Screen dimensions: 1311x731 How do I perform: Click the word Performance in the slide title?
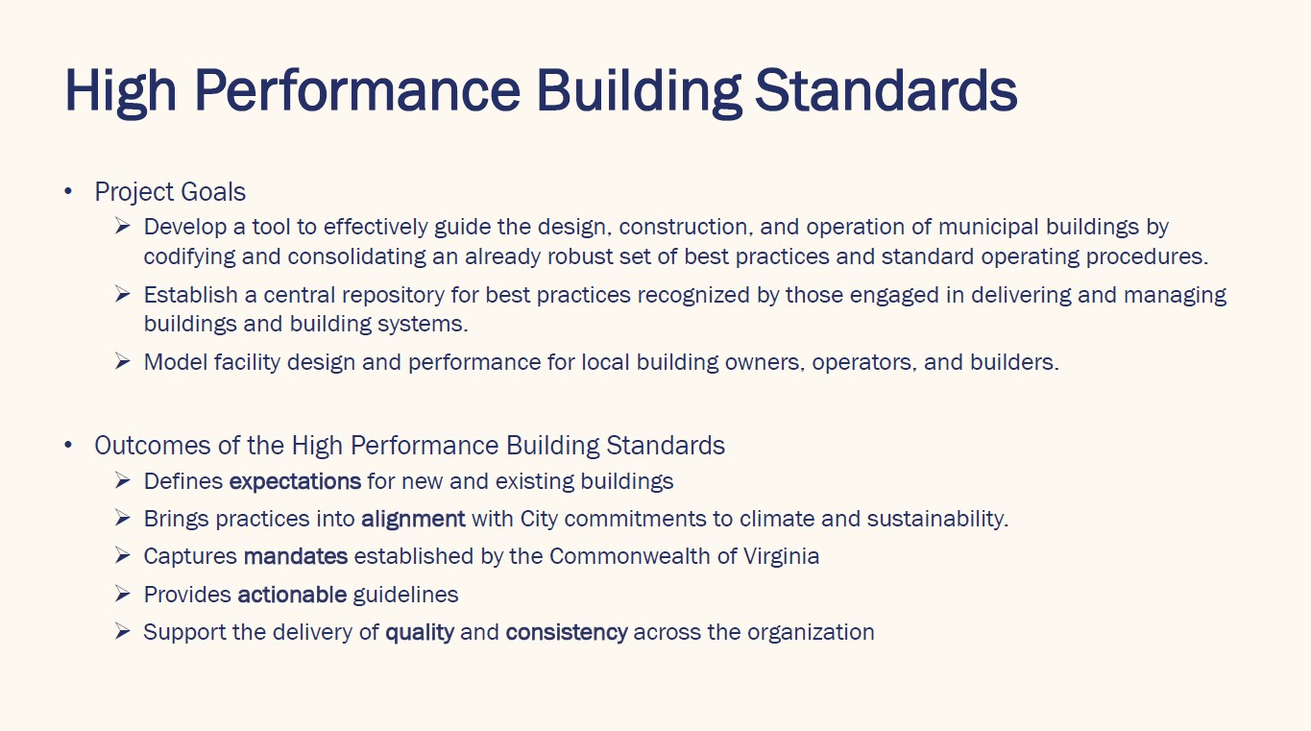pyautogui.click(x=357, y=90)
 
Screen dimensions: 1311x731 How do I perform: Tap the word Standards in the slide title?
pyautogui.click(x=886, y=90)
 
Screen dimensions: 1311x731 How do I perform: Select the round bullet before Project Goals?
pyautogui.click(x=68, y=191)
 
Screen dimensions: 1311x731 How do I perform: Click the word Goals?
pyautogui.click(x=213, y=192)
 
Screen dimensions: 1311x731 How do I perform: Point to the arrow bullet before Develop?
pyautogui.click(x=122, y=226)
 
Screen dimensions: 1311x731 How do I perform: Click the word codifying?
pyautogui.click(x=189, y=256)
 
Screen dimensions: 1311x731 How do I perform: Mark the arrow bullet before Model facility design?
pyautogui.click(x=122, y=362)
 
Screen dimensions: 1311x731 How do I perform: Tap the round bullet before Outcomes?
pyautogui.click(x=68, y=445)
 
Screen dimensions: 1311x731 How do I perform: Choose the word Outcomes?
pyautogui.click(x=152, y=446)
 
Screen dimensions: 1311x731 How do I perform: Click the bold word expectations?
pyautogui.click(x=295, y=481)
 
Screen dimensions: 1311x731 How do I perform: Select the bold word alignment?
pyautogui.click(x=413, y=519)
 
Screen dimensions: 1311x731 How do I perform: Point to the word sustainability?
pyautogui.click(x=937, y=519)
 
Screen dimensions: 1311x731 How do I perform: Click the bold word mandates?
pyautogui.click(x=296, y=556)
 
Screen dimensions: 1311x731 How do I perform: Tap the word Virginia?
pyautogui.click(x=782, y=556)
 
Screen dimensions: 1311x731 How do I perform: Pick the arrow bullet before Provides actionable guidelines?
pyautogui.click(x=122, y=594)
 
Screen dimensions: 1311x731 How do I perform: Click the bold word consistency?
pyautogui.click(x=567, y=633)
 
